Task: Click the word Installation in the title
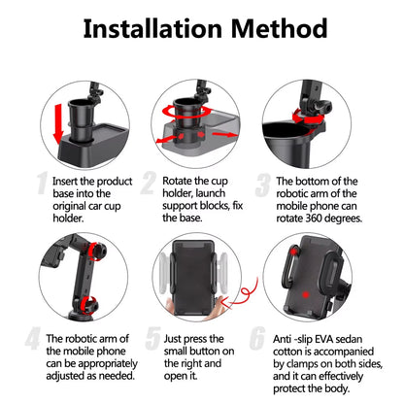pos(152,28)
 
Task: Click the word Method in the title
pos(279,28)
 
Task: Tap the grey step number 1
pos(42,184)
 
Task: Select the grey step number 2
pos(149,184)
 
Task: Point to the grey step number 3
pos(262,185)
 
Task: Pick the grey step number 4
pos(33,338)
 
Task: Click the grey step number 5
pos(152,338)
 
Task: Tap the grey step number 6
pos(257,338)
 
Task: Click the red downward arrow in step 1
pos(59,124)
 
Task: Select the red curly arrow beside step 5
pos(245,294)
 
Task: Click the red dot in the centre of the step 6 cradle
pos(305,295)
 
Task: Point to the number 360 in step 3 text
pos(314,219)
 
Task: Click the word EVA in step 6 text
pos(324,339)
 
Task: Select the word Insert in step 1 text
pos(65,181)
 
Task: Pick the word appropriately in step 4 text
pos(108,364)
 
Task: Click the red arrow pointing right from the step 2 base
pos(225,134)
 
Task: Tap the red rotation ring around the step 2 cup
pos(186,111)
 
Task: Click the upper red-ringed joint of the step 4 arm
pos(97,251)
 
